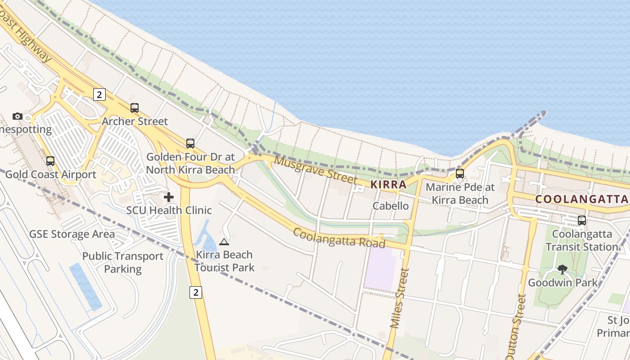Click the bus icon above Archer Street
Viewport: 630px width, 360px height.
135,108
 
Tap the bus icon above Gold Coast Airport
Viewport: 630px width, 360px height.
50,161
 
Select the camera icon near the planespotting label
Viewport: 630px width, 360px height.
18,117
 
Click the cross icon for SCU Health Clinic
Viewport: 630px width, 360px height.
169,197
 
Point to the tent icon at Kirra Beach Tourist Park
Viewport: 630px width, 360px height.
224,242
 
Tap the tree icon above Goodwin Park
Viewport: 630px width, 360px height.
562,270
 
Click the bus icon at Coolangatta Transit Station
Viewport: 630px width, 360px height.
582,220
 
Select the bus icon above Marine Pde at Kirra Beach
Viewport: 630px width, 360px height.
460,174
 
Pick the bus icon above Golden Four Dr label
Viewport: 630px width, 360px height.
190,144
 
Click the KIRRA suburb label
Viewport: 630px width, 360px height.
388,184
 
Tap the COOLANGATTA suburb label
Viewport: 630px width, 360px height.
581,199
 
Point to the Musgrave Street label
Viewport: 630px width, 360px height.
315,170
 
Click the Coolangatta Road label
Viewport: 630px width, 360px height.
339,237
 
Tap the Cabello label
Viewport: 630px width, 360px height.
391,206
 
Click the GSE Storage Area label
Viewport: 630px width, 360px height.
72,234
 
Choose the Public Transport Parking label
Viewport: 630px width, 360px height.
123,262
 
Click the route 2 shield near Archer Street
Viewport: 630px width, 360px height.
99,94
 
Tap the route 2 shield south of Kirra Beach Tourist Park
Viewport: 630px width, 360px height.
195,292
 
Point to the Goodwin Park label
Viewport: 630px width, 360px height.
562,283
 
